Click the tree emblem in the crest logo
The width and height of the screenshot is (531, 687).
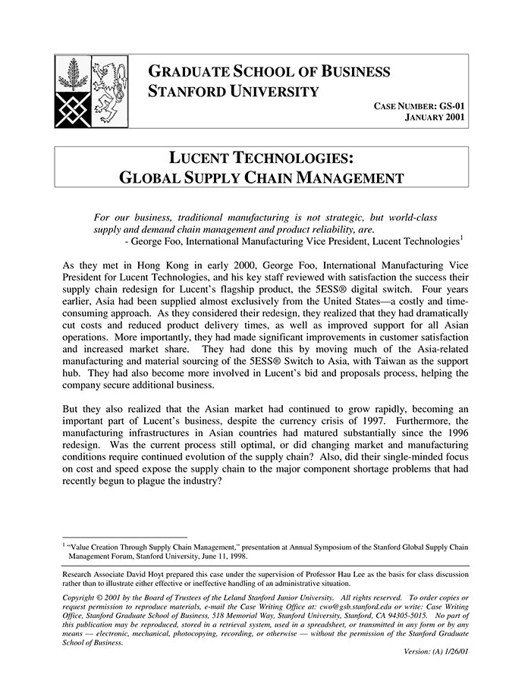(73, 75)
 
